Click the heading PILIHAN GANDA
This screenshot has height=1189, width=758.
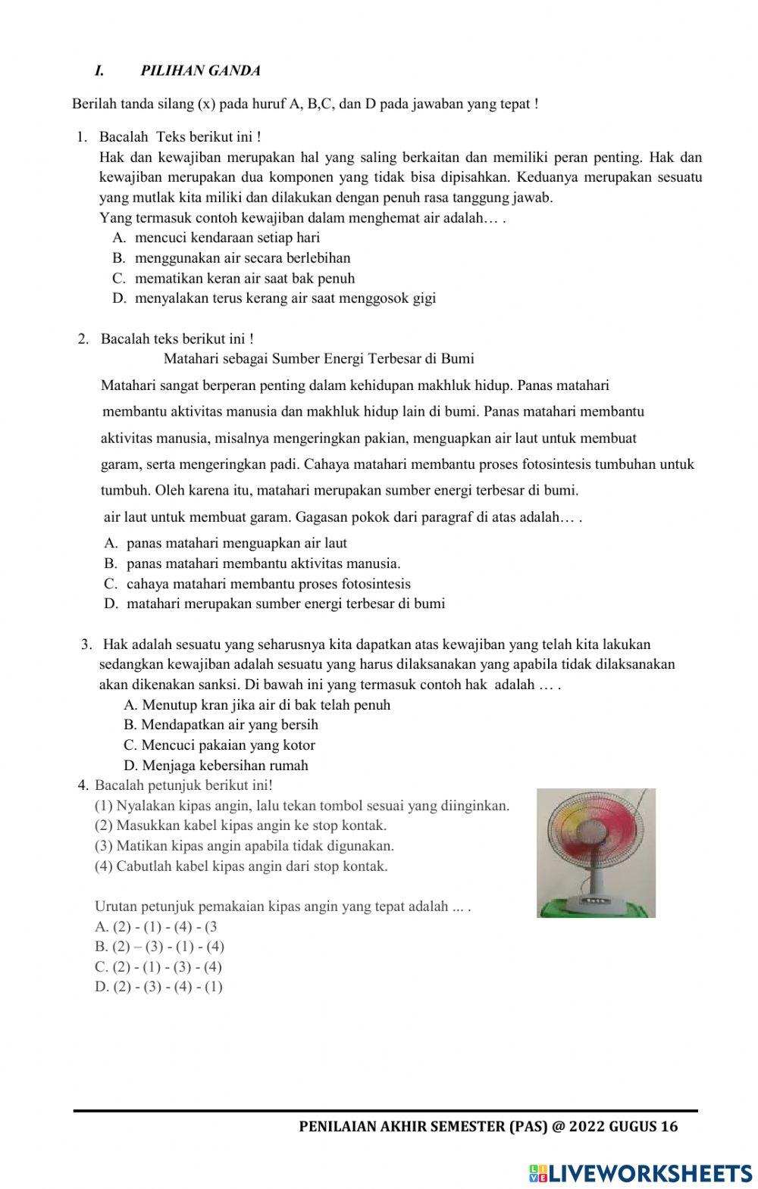point(200,70)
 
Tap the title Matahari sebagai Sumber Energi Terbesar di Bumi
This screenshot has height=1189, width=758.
point(318,358)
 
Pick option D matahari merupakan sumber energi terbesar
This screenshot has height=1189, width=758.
point(285,604)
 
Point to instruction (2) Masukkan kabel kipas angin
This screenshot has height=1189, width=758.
point(240,825)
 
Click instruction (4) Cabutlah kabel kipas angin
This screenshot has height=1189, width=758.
point(240,866)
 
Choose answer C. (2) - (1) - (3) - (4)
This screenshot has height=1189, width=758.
point(158,966)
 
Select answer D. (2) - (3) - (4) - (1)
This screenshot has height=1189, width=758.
point(158,987)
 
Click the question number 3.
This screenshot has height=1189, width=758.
point(86,644)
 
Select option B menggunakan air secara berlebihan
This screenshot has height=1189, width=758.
point(242,257)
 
